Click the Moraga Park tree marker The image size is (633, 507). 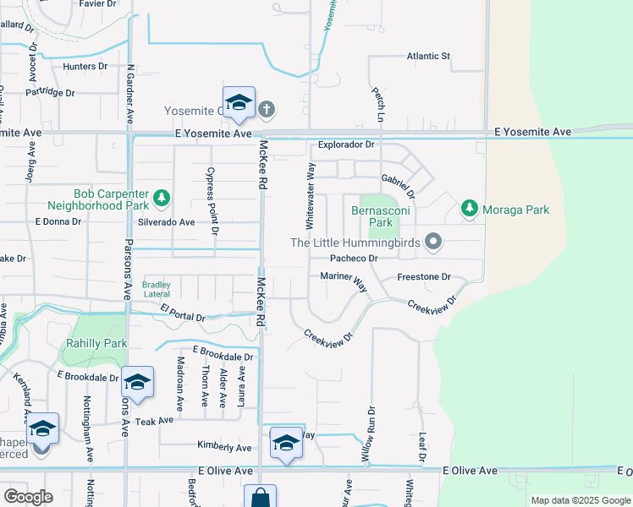(x=469, y=208)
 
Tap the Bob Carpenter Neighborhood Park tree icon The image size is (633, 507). (x=162, y=199)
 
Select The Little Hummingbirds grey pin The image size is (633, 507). (x=433, y=243)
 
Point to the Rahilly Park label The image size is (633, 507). (x=96, y=343)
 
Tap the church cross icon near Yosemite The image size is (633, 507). (x=267, y=109)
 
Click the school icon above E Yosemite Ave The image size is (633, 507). (x=239, y=103)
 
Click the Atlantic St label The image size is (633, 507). (x=428, y=57)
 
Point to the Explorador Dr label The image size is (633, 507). (x=346, y=144)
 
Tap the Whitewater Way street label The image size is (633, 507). (x=310, y=196)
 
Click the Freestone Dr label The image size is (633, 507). (x=424, y=276)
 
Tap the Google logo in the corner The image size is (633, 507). (x=28, y=497)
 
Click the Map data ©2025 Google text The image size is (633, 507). (x=580, y=500)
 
